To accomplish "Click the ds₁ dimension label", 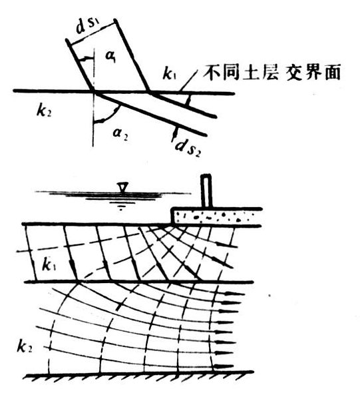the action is click(x=89, y=27).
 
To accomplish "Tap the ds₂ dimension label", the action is click(x=188, y=147).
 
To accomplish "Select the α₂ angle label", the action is click(x=120, y=133).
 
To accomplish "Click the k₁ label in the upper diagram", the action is click(x=169, y=73).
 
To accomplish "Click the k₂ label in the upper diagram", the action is click(x=44, y=111).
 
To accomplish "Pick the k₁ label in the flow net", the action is click(x=49, y=265).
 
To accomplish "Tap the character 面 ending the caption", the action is click(x=332, y=72).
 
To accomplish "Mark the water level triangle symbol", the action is click(x=122, y=188).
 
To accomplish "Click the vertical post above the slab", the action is click(x=206, y=191).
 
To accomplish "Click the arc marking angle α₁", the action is click(x=86, y=59).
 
